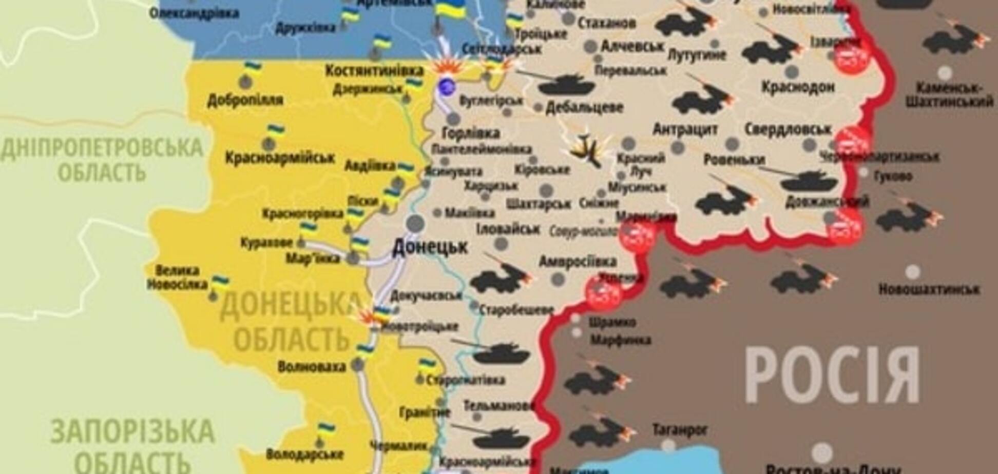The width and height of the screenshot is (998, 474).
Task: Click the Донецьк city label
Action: (430, 247)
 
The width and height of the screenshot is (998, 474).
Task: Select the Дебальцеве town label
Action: (584, 108)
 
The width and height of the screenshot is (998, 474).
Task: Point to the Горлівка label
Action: (471, 133)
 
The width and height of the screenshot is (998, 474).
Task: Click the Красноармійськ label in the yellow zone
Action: (280, 157)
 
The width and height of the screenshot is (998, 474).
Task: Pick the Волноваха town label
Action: (312, 367)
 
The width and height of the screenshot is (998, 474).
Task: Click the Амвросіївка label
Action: (577, 262)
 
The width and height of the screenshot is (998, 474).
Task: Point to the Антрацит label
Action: (685, 129)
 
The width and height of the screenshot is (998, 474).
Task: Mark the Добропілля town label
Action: (245, 100)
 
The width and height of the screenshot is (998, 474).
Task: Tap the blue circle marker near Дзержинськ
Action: (446, 86)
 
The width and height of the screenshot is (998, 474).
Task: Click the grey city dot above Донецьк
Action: (415, 224)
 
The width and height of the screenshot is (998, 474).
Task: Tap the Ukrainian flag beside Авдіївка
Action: (406, 168)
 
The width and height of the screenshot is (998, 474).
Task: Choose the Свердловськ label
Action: (787, 129)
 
